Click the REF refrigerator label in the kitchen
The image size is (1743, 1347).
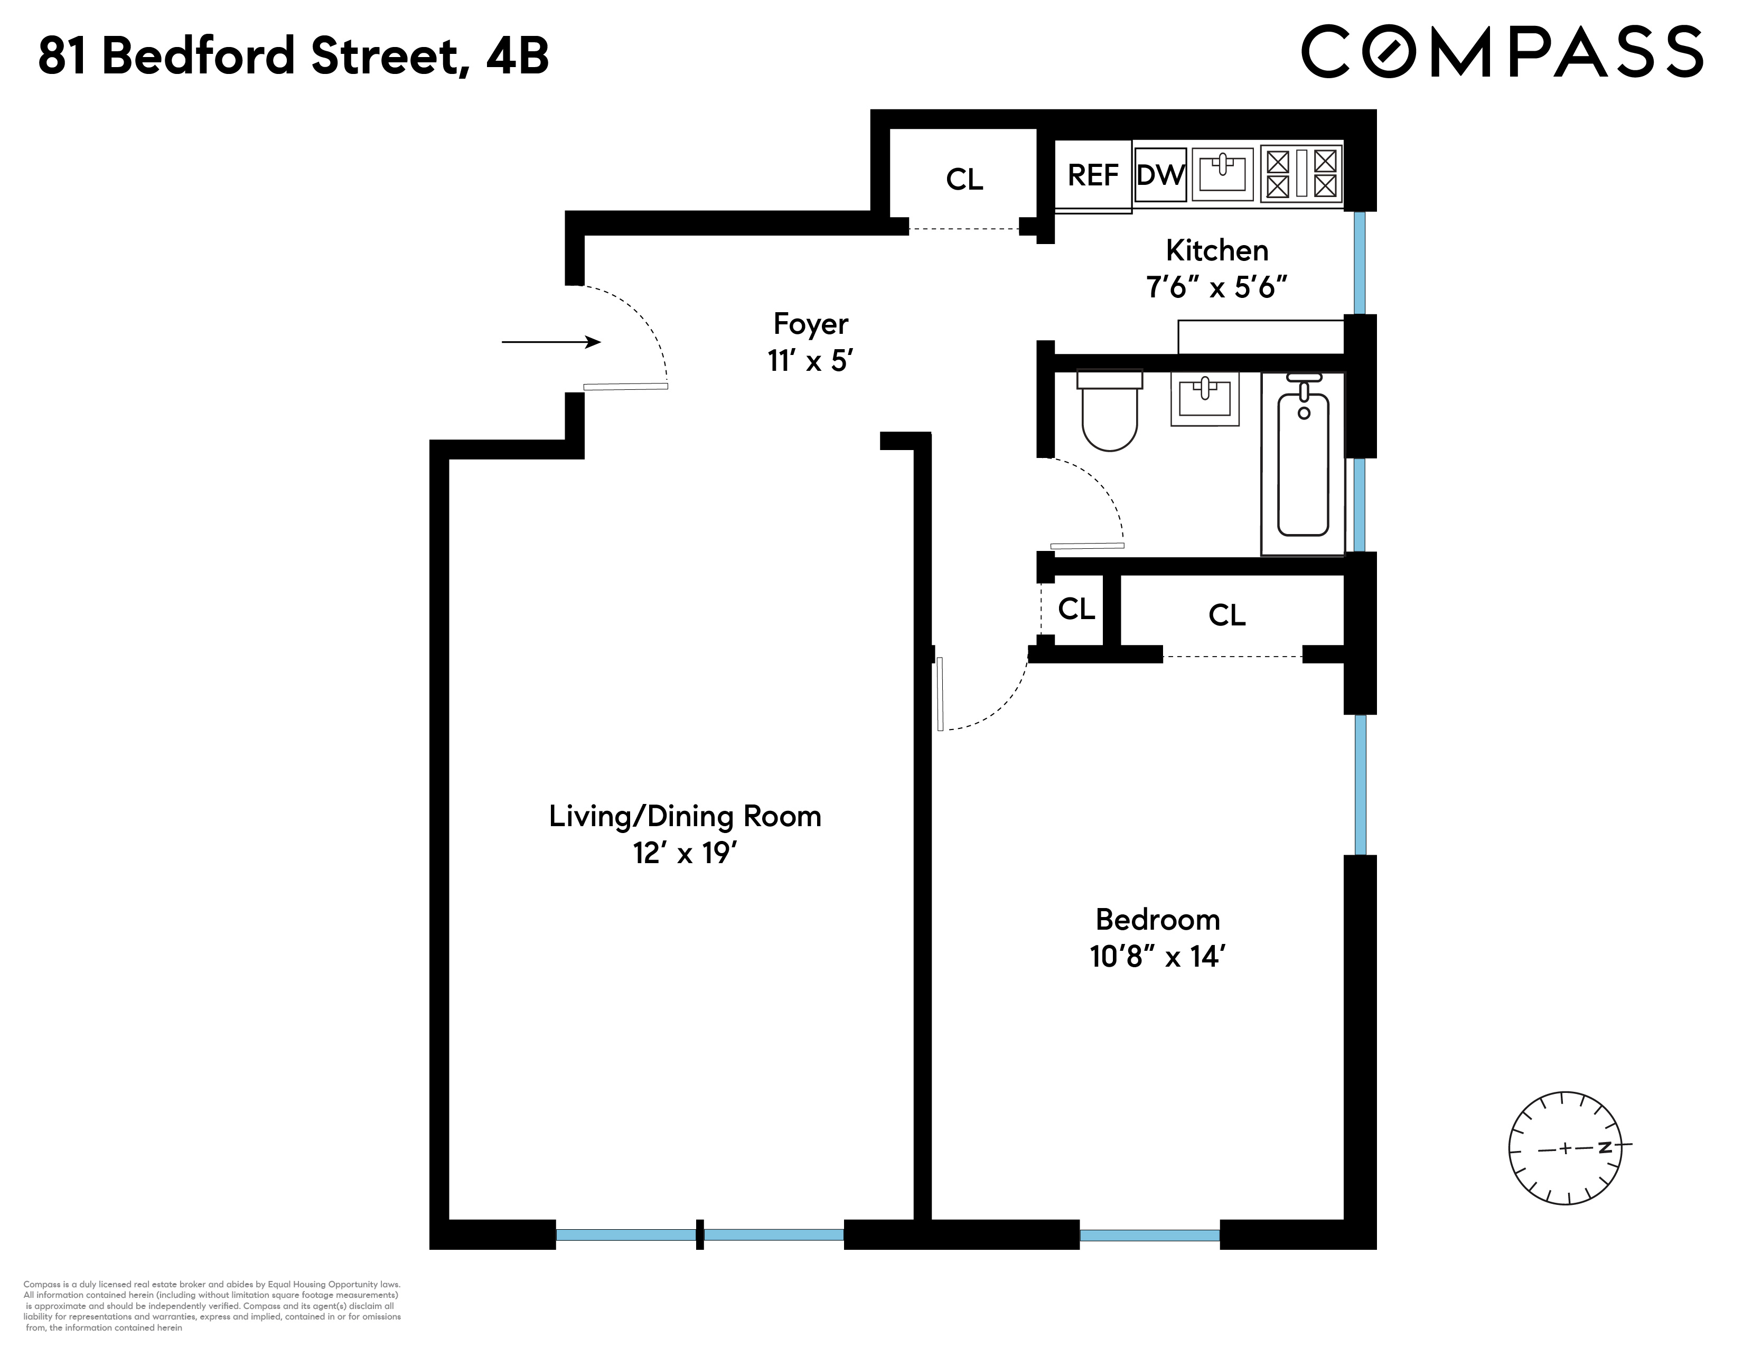coord(1093,175)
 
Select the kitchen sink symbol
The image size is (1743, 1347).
coord(1222,174)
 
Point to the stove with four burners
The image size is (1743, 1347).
coord(1301,174)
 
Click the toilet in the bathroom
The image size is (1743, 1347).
coord(1109,411)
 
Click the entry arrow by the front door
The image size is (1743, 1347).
coord(551,342)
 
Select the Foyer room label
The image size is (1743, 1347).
coord(810,324)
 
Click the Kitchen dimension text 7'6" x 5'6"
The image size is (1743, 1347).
coord(1216,286)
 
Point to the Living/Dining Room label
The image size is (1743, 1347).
coord(685,816)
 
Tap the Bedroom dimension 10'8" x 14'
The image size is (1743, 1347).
coord(1157,956)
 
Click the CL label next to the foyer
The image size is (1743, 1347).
coord(964,180)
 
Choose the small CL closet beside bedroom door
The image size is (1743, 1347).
coord(1076,610)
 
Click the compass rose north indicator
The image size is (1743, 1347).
coord(1604,1147)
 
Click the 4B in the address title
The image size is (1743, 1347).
coord(517,56)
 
